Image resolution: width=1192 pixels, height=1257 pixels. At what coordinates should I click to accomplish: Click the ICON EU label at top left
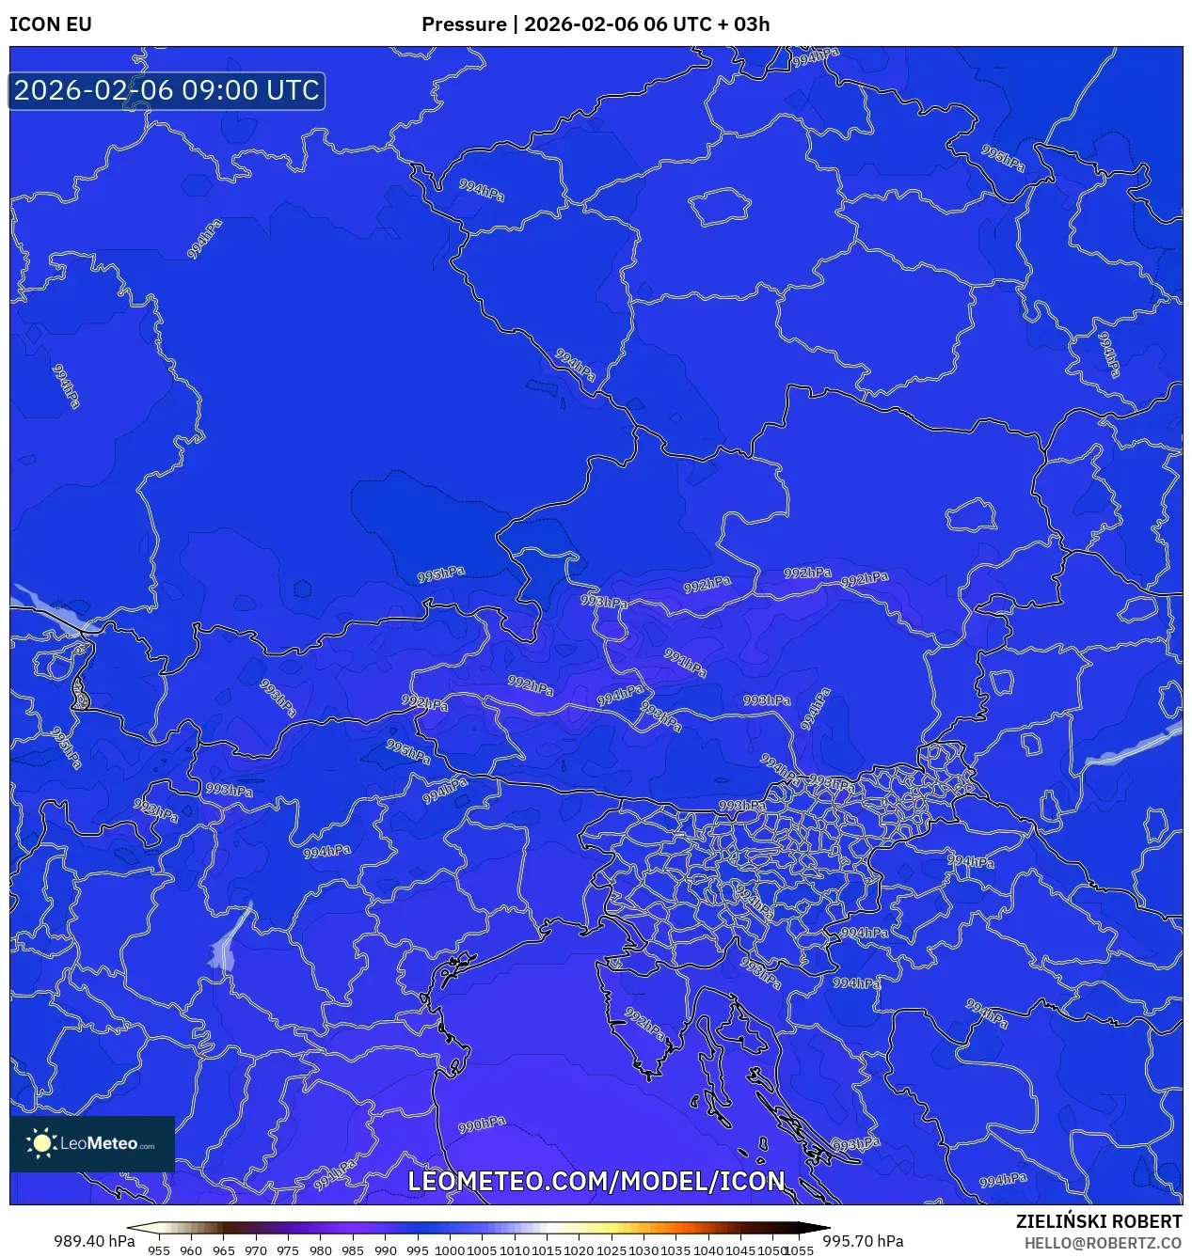point(51,24)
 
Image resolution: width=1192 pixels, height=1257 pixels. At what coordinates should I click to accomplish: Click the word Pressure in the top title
point(463,24)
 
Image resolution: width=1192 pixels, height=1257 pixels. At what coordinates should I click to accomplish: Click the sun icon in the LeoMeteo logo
point(41,1143)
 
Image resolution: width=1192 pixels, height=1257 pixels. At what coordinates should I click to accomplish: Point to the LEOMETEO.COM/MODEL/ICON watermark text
point(596,1182)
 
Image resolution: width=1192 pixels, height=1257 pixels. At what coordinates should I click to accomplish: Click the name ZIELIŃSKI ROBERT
point(1098,1221)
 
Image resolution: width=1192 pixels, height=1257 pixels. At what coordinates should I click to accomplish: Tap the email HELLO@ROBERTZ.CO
point(1103,1243)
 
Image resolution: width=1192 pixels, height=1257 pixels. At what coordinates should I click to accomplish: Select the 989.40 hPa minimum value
point(94,1241)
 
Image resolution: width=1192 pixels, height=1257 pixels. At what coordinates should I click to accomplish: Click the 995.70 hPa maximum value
point(863,1241)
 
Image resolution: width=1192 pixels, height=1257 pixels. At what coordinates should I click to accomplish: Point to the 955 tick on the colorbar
point(159,1250)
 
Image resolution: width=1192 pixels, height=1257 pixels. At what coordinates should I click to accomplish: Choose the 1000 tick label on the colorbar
point(450,1250)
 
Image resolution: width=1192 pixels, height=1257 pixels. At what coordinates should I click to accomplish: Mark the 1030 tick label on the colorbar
point(644,1250)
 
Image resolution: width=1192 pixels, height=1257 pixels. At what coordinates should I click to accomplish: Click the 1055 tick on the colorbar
point(799,1250)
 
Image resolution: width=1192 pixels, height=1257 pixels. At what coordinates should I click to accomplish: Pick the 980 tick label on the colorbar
point(321,1250)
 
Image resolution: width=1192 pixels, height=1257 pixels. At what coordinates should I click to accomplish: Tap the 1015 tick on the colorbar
point(547,1250)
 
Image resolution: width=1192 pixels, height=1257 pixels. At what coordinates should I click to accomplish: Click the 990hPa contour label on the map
point(482,1124)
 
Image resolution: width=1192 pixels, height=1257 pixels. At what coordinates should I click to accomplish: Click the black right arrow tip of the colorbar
point(825,1228)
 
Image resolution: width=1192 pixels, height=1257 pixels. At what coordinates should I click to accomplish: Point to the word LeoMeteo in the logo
point(99,1144)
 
